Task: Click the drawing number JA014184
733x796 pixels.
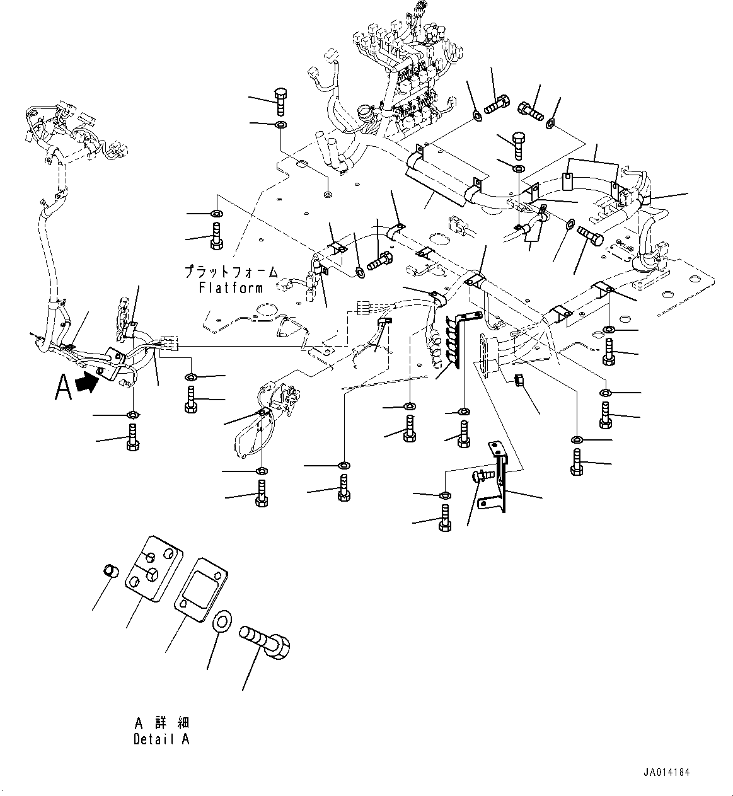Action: tap(667, 772)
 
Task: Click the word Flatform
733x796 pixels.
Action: tap(231, 287)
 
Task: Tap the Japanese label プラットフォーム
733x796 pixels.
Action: tap(231, 272)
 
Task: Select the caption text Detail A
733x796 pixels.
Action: tap(161, 740)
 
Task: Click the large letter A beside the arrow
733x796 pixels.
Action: tap(63, 388)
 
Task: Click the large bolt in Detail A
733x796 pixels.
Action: tap(265, 642)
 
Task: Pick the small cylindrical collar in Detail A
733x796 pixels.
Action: tap(111, 572)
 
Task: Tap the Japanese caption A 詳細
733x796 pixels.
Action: tap(161, 724)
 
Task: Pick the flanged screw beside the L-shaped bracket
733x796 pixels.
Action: tap(483, 475)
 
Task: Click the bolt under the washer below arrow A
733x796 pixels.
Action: tap(132, 437)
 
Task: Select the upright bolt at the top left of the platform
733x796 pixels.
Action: tap(281, 101)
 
